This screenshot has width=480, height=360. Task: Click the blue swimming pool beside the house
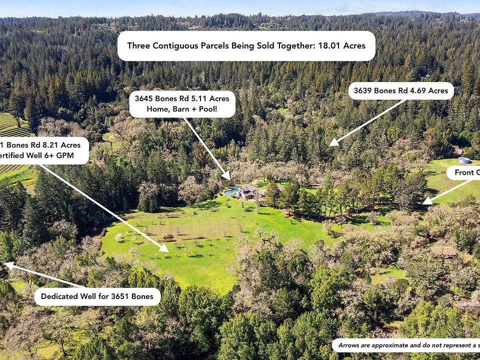231,191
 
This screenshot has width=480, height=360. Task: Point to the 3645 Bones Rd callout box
182,103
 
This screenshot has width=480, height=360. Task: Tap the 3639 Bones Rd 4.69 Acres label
401,90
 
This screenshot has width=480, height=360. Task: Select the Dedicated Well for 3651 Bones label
97,296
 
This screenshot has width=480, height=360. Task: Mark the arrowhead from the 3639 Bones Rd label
332,143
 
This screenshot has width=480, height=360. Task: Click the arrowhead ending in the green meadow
164,248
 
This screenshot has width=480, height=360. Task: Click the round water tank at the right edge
464,160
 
